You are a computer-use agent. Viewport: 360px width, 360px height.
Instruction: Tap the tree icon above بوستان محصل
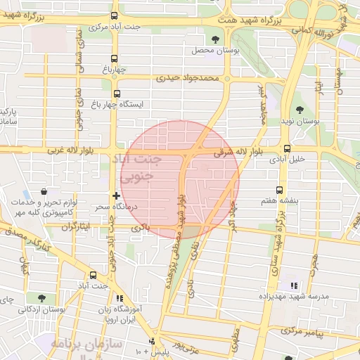point(214,39)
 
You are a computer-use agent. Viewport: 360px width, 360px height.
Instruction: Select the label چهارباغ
point(116,70)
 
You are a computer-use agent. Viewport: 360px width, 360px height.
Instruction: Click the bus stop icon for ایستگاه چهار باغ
point(116,93)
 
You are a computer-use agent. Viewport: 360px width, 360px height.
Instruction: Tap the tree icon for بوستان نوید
point(300,110)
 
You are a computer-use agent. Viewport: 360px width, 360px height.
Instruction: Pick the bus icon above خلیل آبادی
point(287,148)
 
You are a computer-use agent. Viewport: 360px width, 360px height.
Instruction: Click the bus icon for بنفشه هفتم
point(280,191)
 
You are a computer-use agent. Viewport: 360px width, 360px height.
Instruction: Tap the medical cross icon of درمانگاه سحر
point(116,195)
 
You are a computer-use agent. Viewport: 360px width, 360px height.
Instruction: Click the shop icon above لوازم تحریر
point(44,191)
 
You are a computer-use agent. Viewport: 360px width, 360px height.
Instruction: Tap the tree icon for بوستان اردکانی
point(41,298)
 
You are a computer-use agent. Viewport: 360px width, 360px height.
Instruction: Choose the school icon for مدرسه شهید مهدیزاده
point(293,285)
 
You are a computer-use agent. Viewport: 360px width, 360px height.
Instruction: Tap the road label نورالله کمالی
point(311,32)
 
